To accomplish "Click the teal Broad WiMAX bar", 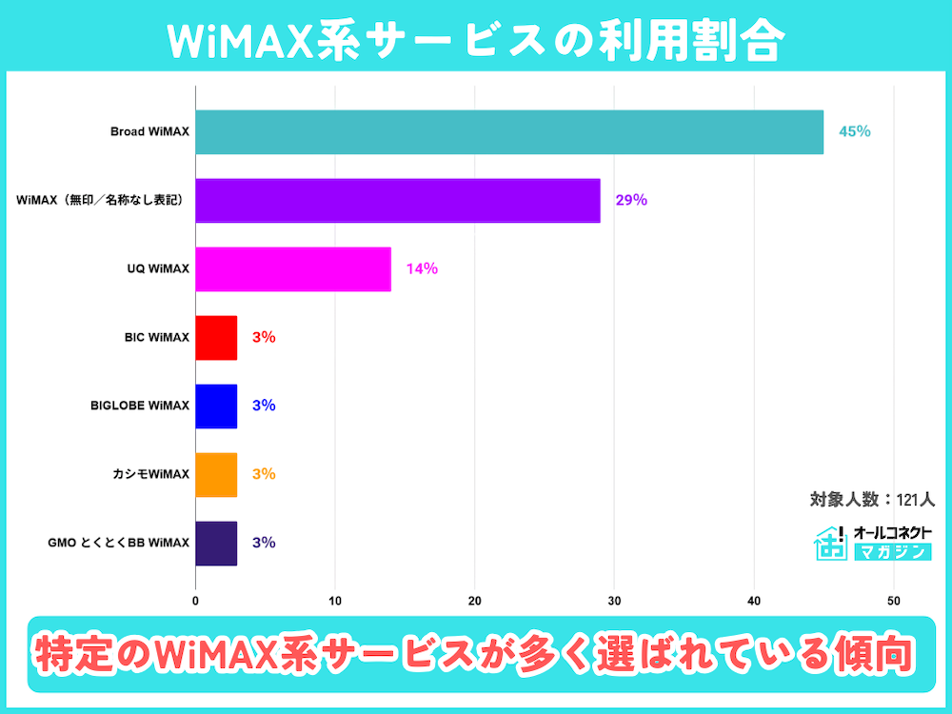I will pyautogui.click(x=509, y=131).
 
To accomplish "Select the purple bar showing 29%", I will pyautogui.click(x=398, y=200).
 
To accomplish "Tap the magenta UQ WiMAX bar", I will pyautogui.click(x=293, y=268).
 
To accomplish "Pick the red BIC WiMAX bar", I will pyautogui.click(x=216, y=337).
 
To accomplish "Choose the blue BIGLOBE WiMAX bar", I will pyautogui.click(x=216, y=406).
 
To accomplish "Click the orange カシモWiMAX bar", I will pyautogui.click(x=216, y=474).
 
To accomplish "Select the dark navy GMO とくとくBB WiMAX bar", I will pyautogui.click(x=216, y=543).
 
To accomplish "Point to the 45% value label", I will pyautogui.click(x=854, y=131).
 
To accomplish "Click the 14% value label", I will pyautogui.click(x=422, y=268).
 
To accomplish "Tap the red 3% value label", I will pyautogui.click(x=264, y=337).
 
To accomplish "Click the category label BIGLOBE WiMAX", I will pyautogui.click(x=139, y=406).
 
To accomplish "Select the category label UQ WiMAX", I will pyautogui.click(x=158, y=268).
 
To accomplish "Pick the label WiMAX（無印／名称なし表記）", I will pyautogui.click(x=100, y=200).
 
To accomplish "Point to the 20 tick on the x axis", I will pyautogui.click(x=474, y=602).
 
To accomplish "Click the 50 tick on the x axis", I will pyautogui.click(x=893, y=602).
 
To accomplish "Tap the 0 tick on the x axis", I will pyautogui.click(x=195, y=602).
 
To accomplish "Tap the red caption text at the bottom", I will pyautogui.click(x=476, y=656).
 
